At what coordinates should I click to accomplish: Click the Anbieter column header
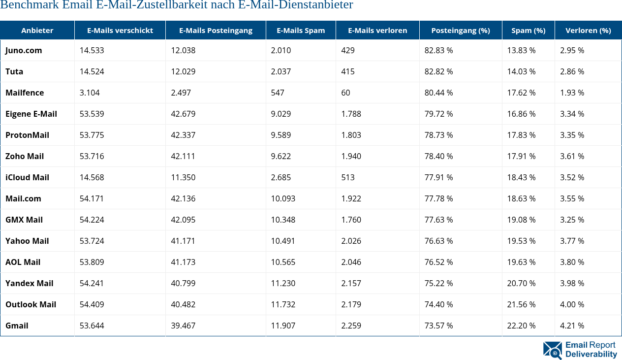37,31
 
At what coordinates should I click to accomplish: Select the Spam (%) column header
528,31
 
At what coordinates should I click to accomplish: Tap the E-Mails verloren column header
377,31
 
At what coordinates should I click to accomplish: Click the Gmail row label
17,326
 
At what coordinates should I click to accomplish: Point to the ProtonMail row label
27,135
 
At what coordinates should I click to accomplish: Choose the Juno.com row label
24,50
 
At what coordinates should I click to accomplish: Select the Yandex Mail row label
29,283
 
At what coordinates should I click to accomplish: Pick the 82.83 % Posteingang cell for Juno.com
438,50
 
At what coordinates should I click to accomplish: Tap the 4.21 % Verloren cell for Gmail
572,326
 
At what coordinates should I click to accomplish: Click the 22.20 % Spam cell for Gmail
521,326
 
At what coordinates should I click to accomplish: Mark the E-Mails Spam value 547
278,93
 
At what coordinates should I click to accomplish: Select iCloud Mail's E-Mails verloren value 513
348,177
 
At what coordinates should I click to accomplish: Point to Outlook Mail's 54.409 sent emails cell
92,304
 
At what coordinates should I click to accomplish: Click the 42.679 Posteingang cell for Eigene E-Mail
183,114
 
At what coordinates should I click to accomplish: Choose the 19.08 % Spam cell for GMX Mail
521,220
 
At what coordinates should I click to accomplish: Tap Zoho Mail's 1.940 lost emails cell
351,156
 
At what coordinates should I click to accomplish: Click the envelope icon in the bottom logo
552,350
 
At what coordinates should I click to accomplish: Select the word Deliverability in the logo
591,355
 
